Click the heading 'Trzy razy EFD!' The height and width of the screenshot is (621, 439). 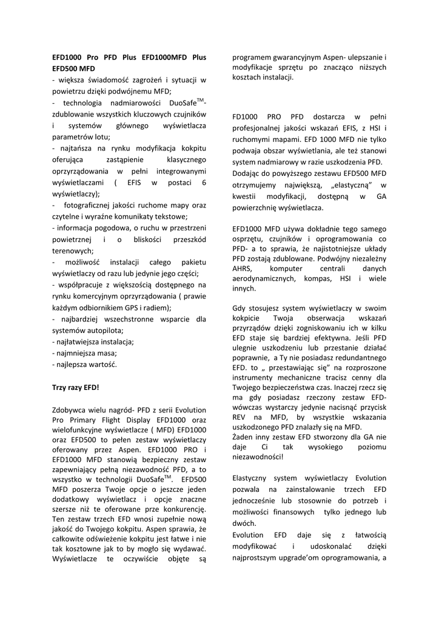(x=76, y=387)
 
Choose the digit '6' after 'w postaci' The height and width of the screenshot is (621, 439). (x=204, y=182)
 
